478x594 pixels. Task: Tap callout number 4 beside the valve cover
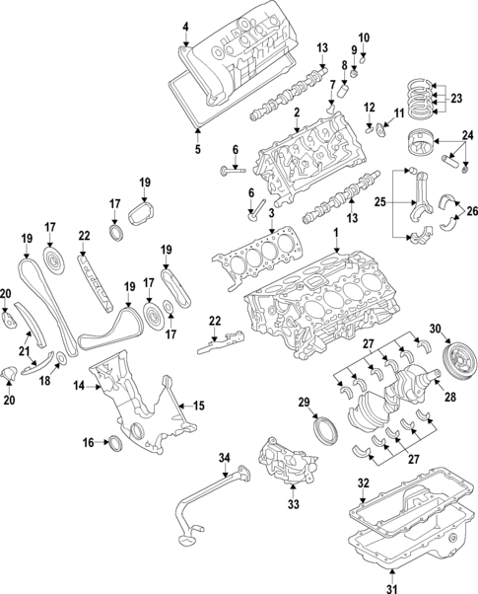pyautogui.click(x=184, y=25)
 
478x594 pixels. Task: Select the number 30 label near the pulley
pyautogui.click(x=435, y=329)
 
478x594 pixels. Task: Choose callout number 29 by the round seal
pyautogui.click(x=304, y=402)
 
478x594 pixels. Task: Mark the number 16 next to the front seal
pyautogui.click(x=87, y=443)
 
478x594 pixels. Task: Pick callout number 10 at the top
pyautogui.click(x=363, y=37)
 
